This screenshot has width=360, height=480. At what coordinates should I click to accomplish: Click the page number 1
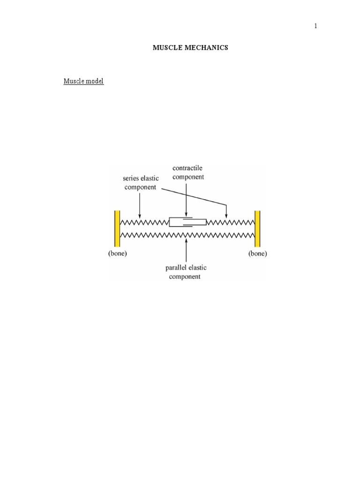click(316, 26)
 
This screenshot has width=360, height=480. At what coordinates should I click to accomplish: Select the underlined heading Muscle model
click(83, 81)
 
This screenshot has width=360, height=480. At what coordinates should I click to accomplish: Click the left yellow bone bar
click(117, 228)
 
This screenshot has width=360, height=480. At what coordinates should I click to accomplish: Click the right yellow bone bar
click(257, 228)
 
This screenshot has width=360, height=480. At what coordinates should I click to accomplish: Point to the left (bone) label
click(117, 254)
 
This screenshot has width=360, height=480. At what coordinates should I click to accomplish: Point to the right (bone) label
click(257, 254)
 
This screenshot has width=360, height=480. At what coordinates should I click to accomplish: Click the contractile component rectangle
click(187, 222)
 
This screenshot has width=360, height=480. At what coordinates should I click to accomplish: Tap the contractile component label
click(188, 172)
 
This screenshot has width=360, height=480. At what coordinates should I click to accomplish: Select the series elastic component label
click(141, 182)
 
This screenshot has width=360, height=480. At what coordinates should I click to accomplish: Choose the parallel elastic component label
click(186, 272)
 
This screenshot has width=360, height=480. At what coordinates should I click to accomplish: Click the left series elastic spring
click(144, 222)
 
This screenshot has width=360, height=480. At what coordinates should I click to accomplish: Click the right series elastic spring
click(231, 222)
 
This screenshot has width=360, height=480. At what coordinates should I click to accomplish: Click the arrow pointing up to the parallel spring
click(187, 250)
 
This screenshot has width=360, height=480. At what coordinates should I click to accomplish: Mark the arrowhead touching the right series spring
click(226, 215)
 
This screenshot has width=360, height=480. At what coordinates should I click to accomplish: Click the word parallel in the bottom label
click(176, 268)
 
